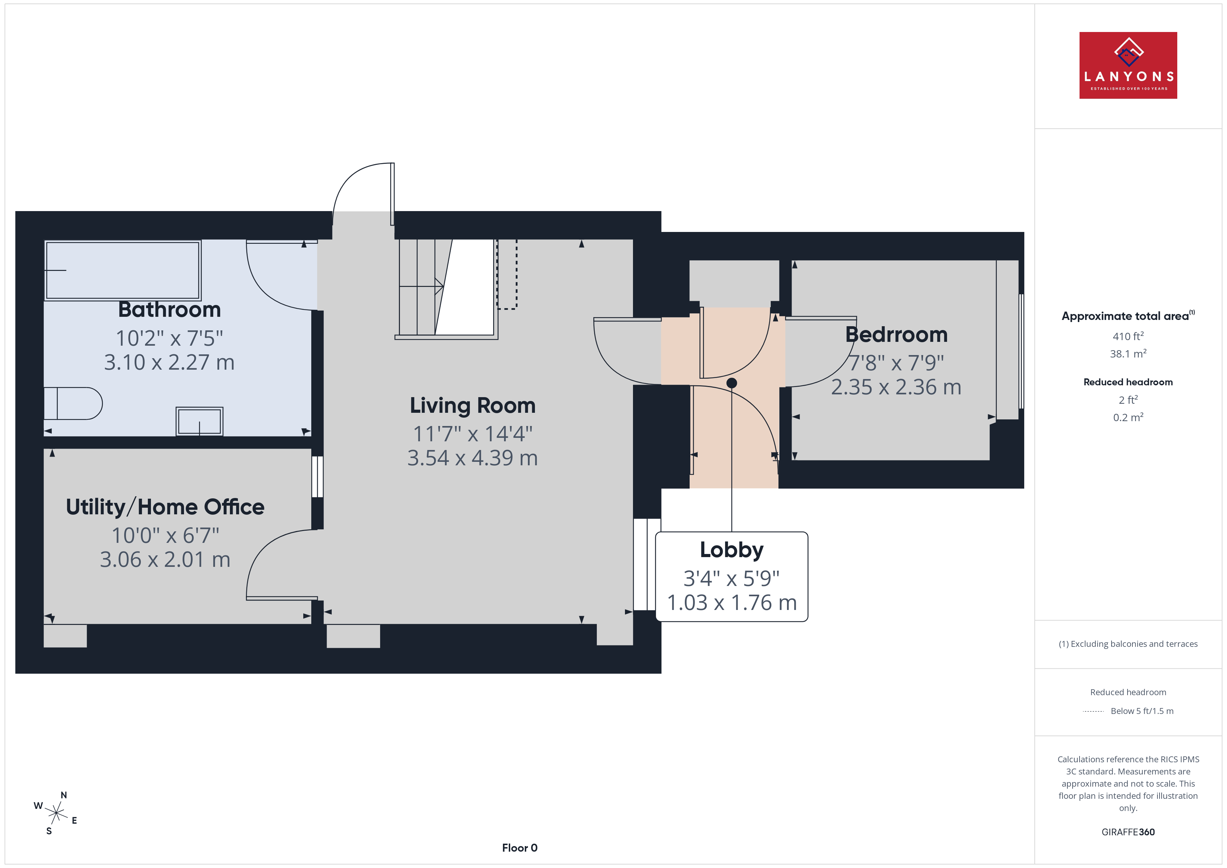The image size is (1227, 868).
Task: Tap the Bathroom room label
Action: point(169,310)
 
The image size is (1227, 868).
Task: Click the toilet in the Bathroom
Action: point(73,403)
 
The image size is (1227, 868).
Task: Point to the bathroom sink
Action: point(199,421)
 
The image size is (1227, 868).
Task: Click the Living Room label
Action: point(472,406)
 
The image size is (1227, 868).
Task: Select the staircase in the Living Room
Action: point(446,289)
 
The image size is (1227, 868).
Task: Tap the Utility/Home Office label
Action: point(165,507)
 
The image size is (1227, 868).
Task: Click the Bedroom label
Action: point(896,335)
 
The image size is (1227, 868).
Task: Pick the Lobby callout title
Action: point(732,550)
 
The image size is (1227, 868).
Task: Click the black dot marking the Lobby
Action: point(732,383)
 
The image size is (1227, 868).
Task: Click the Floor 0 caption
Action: point(520,848)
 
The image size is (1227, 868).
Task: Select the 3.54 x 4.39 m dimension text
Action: point(472,458)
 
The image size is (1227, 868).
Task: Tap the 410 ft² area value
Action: point(1128,336)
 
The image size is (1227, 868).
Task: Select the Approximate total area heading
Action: point(1128,316)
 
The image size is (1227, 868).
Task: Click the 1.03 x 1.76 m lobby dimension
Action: point(732,603)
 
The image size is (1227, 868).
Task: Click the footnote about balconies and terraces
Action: point(1128,644)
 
